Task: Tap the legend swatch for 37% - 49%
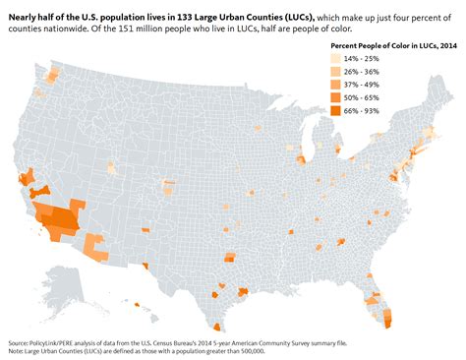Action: point(336,84)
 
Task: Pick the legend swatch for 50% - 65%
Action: point(336,97)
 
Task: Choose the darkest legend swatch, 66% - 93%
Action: point(336,111)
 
